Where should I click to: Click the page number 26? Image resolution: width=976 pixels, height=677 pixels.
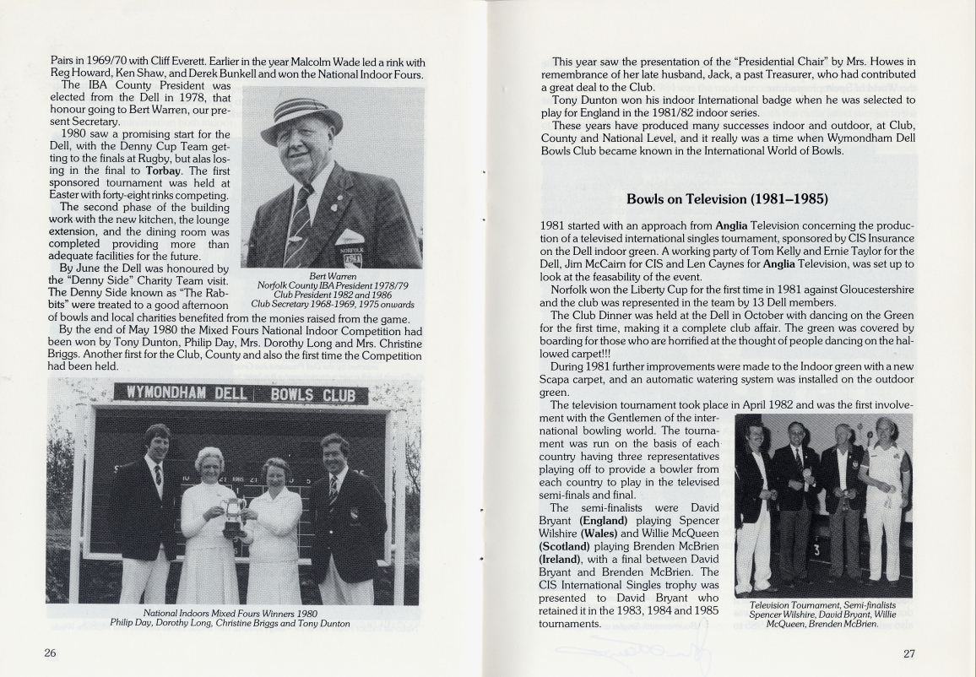pos(50,653)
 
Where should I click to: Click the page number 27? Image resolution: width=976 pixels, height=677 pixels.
pos(908,653)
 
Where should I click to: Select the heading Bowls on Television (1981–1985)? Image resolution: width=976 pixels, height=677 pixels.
pos(727,199)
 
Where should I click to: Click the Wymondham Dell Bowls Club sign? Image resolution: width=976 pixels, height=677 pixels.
pos(241,393)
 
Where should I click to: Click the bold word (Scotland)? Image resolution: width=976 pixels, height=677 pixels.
pos(571,546)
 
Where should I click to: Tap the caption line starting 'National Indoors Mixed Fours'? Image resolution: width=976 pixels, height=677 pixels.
pos(230,613)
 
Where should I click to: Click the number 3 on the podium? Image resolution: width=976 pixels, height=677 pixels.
pos(816,551)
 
